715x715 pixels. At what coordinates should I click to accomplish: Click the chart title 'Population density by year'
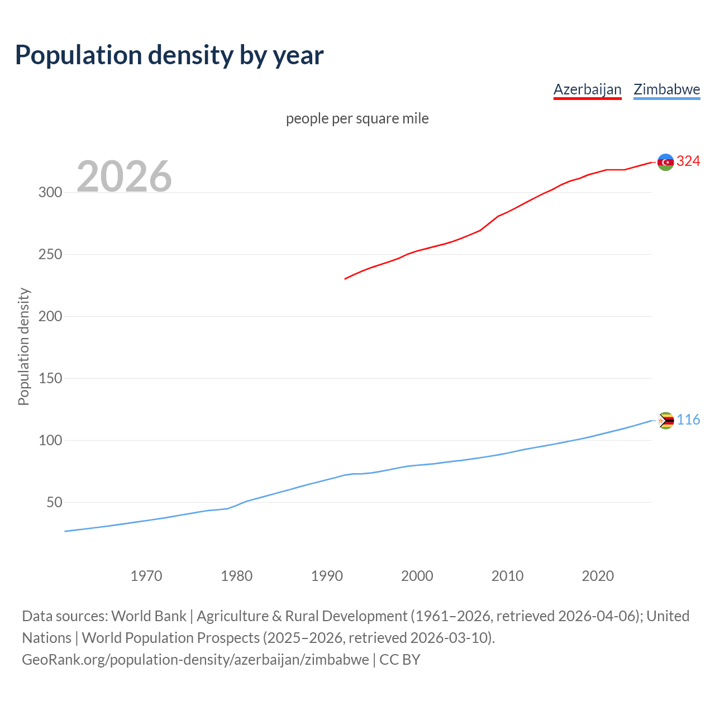169,55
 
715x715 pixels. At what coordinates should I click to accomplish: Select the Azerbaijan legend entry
587,89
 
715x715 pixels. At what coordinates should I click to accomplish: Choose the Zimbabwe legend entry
666,89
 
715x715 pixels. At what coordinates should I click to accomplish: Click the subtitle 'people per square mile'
357,118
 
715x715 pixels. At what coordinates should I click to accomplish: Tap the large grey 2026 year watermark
124,177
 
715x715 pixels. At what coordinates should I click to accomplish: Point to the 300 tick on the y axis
50,192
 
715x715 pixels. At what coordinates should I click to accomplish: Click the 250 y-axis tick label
50,254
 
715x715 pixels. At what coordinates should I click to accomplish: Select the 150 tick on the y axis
50,378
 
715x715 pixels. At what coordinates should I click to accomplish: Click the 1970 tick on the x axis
146,575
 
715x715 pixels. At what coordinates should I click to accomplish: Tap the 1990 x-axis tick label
327,575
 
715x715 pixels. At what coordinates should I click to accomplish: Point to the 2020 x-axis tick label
598,575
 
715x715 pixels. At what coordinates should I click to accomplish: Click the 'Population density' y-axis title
23,346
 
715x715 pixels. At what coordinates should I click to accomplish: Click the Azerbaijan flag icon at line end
665,162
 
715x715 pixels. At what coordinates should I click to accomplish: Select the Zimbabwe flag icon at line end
665,420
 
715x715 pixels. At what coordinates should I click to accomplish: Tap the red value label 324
688,161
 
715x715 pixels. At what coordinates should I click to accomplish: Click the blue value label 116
688,420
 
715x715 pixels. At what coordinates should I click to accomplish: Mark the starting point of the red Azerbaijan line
345,279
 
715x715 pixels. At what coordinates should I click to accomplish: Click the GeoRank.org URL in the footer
196,660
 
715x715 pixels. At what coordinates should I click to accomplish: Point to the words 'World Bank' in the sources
149,616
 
